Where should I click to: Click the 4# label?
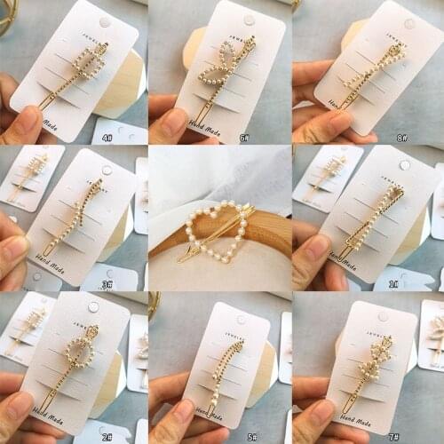pos(107,139)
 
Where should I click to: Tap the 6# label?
pos(243,139)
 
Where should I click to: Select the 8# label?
pos(402,139)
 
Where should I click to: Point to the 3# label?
pos(107,284)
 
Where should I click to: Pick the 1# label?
pos(393,283)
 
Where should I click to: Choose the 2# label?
pos(107,437)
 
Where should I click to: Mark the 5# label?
pos(252,436)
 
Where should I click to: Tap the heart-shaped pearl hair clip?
pos(218,232)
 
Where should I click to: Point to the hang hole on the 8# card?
pos(409,23)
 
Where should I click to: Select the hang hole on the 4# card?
pos(105,22)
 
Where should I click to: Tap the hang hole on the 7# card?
pos(384,316)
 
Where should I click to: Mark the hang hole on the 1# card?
pos(405,165)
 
